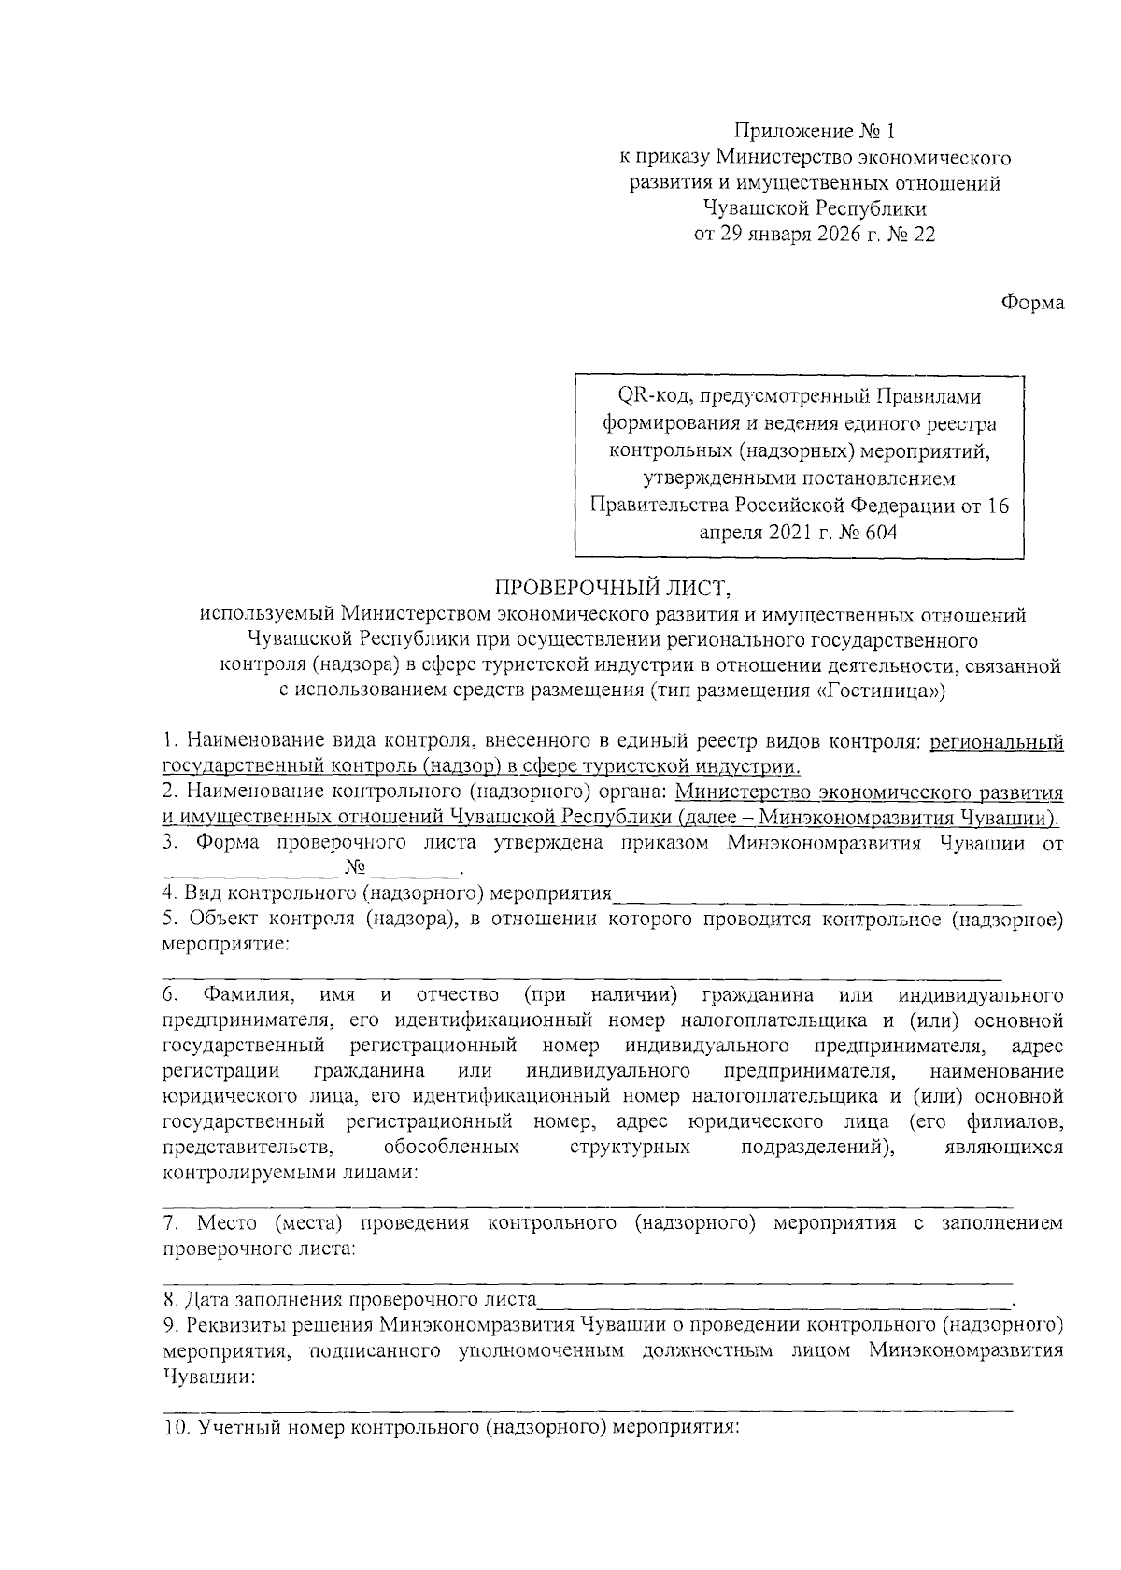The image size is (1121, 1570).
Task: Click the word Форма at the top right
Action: [x=1032, y=303]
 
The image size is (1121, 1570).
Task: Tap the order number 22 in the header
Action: [x=923, y=235]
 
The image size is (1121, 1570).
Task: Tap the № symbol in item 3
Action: [x=354, y=868]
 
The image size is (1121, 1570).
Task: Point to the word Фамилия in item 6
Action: [x=237, y=992]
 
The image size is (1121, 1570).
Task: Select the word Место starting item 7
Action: [x=225, y=1222]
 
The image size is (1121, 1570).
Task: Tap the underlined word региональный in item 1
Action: [x=993, y=742]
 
